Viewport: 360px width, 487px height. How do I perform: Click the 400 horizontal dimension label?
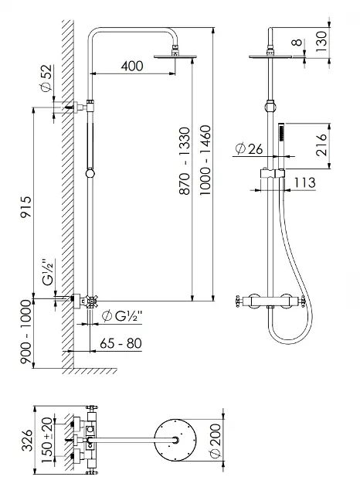click(132, 66)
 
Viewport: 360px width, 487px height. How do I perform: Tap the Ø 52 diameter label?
click(46, 78)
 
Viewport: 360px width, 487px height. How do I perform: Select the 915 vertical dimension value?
click(26, 206)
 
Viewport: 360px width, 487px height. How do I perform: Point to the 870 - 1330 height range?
click(185, 161)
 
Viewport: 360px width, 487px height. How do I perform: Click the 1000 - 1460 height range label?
click(205, 160)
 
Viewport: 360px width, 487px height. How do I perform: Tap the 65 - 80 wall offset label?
click(121, 343)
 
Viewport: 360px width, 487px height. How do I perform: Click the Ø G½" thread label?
click(122, 316)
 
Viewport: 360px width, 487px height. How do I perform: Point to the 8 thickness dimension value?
click(297, 43)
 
